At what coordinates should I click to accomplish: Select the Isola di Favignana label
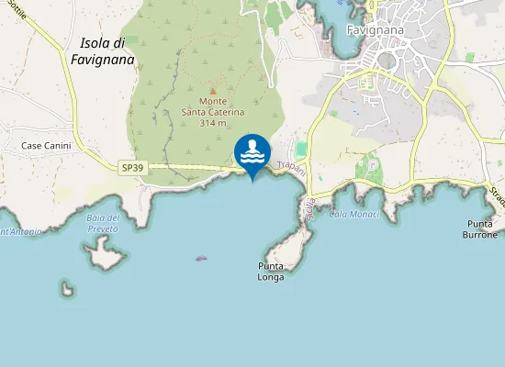tap(102, 51)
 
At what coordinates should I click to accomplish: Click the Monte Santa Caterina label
tap(213, 106)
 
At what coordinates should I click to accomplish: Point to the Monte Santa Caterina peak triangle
tap(213, 91)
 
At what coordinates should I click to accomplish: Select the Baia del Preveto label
tap(103, 222)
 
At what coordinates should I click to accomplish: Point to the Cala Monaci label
tap(348, 214)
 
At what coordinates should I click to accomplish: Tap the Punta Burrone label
tap(481, 229)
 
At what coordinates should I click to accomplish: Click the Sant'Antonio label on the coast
tap(20, 232)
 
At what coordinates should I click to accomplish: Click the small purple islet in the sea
tap(201, 258)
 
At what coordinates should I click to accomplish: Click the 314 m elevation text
tap(213, 123)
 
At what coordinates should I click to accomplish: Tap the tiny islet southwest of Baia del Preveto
tap(67, 289)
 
